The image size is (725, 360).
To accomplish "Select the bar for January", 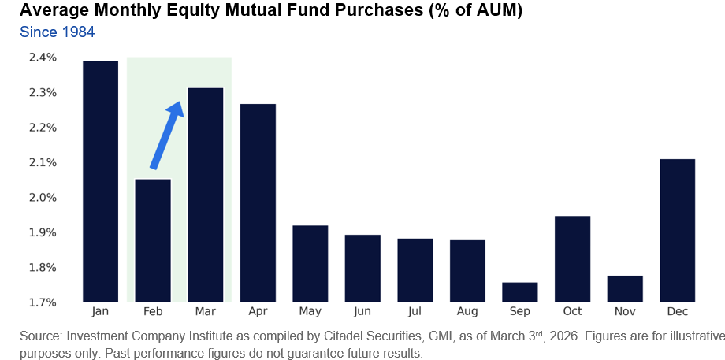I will pyautogui.click(x=100, y=181).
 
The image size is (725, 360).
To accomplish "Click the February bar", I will pyautogui.click(x=153, y=240).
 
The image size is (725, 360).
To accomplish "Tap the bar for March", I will pyautogui.click(x=205, y=195).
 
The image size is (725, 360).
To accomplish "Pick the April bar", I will pyautogui.click(x=258, y=202).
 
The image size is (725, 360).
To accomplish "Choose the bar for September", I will pyautogui.click(x=520, y=291).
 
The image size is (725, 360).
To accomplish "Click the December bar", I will pyautogui.click(x=678, y=230).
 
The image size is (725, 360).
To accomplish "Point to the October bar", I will pyautogui.click(x=573, y=258).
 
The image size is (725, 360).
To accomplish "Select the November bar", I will pyautogui.click(x=626, y=288).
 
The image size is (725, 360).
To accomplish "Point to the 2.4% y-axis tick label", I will pyautogui.click(x=43, y=58).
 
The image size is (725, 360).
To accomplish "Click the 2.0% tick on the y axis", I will pyautogui.click(x=43, y=198).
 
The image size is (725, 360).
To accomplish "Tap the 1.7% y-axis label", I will pyautogui.click(x=43, y=302).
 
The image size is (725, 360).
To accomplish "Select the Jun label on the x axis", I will pyautogui.click(x=362, y=312).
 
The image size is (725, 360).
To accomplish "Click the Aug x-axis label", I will pyautogui.click(x=467, y=312).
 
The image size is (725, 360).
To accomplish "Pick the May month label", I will pyautogui.click(x=310, y=312).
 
